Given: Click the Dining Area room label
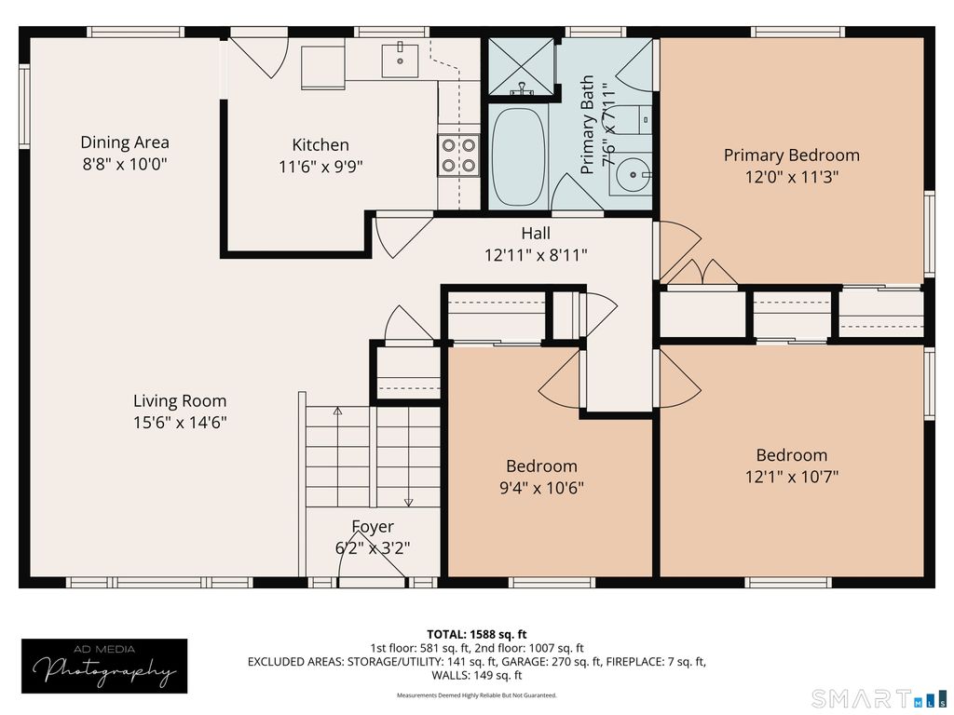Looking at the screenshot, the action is [125, 142].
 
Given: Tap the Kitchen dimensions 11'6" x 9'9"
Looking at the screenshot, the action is [320, 167].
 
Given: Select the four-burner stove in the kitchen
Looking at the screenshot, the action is [458, 155].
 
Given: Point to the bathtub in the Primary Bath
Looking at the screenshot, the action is [518, 156].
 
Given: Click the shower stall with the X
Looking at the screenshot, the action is [522, 67].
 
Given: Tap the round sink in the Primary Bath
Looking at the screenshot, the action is [633, 175].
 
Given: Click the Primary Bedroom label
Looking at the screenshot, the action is [792, 155].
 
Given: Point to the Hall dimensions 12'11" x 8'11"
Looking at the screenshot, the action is [536, 255].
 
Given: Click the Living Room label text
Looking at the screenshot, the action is [180, 401].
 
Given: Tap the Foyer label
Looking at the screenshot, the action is [373, 527].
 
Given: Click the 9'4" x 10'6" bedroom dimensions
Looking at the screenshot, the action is [541, 488].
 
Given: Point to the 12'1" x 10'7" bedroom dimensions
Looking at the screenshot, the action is [792, 477].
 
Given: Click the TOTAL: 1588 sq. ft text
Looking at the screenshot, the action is [476, 635].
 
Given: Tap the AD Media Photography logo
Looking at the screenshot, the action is [104, 667].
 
